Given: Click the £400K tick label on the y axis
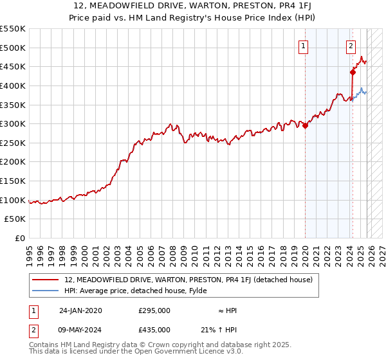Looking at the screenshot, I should tap(13, 85).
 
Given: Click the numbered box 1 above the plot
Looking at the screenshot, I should tap(303, 46).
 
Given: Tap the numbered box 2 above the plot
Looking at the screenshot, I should tap(351, 46).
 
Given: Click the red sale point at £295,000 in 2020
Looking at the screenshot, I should tap(305, 126).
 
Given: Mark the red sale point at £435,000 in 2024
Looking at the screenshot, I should tap(353, 72).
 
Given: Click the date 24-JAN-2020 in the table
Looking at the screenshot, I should tap(80, 310).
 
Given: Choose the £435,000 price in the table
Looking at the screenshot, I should tap(154, 329).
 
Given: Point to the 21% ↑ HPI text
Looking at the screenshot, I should tap(219, 329).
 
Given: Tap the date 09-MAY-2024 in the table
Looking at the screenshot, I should tap(80, 329).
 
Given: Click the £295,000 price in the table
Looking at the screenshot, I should tap(154, 310).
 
